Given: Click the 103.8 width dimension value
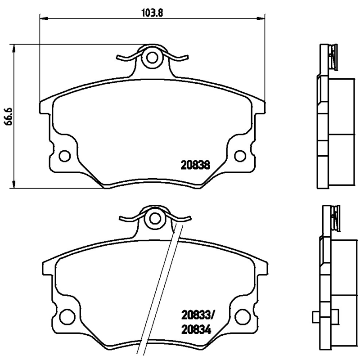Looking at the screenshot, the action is pyautogui.click(x=153, y=13).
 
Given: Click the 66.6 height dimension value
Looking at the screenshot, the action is pyautogui.click(x=9, y=116).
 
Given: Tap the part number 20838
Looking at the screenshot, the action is pyautogui.click(x=195, y=165).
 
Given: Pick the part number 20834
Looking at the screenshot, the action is pyautogui.click(x=196, y=330).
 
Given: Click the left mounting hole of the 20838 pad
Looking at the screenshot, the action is pyautogui.click(x=64, y=156).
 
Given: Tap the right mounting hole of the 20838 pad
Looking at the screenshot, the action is pyautogui.click(x=240, y=156).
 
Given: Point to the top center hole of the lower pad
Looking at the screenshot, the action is pyautogui.click(x=155, y=219).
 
